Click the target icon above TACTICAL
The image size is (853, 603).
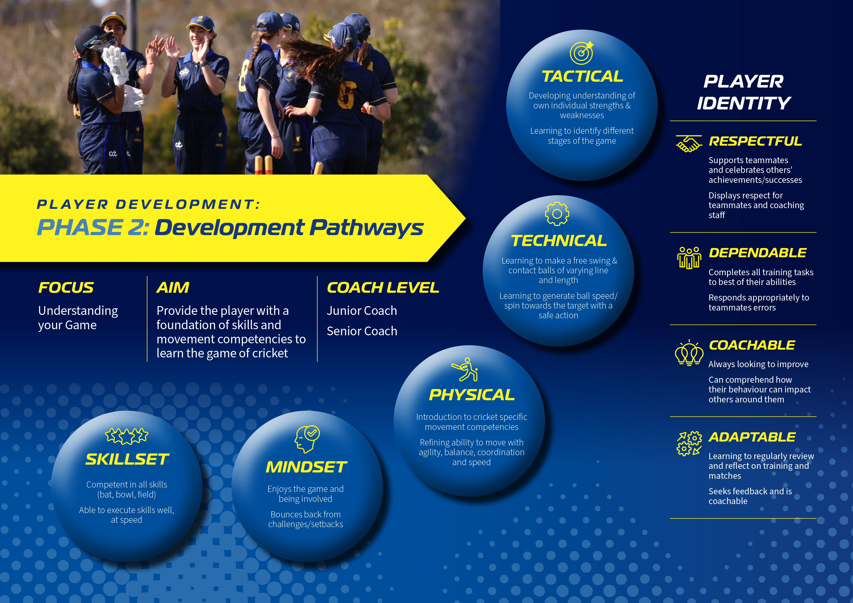(x=582, y=53)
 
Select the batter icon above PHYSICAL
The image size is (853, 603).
(x=465, y=370)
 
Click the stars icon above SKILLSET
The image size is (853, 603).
(x=127, y=436)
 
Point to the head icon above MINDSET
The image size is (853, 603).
(x=307, y=439)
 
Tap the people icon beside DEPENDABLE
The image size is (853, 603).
(x=689, y=257)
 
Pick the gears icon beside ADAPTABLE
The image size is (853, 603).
(x=689, y=443)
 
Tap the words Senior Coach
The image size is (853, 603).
(x=362, y=331)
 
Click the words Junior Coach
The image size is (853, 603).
(x=362, y=310)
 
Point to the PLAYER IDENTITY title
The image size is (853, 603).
(x=744, y=92)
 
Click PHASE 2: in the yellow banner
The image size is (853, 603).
(x=93, y=227)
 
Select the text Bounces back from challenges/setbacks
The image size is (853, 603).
(x=306, y=519)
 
